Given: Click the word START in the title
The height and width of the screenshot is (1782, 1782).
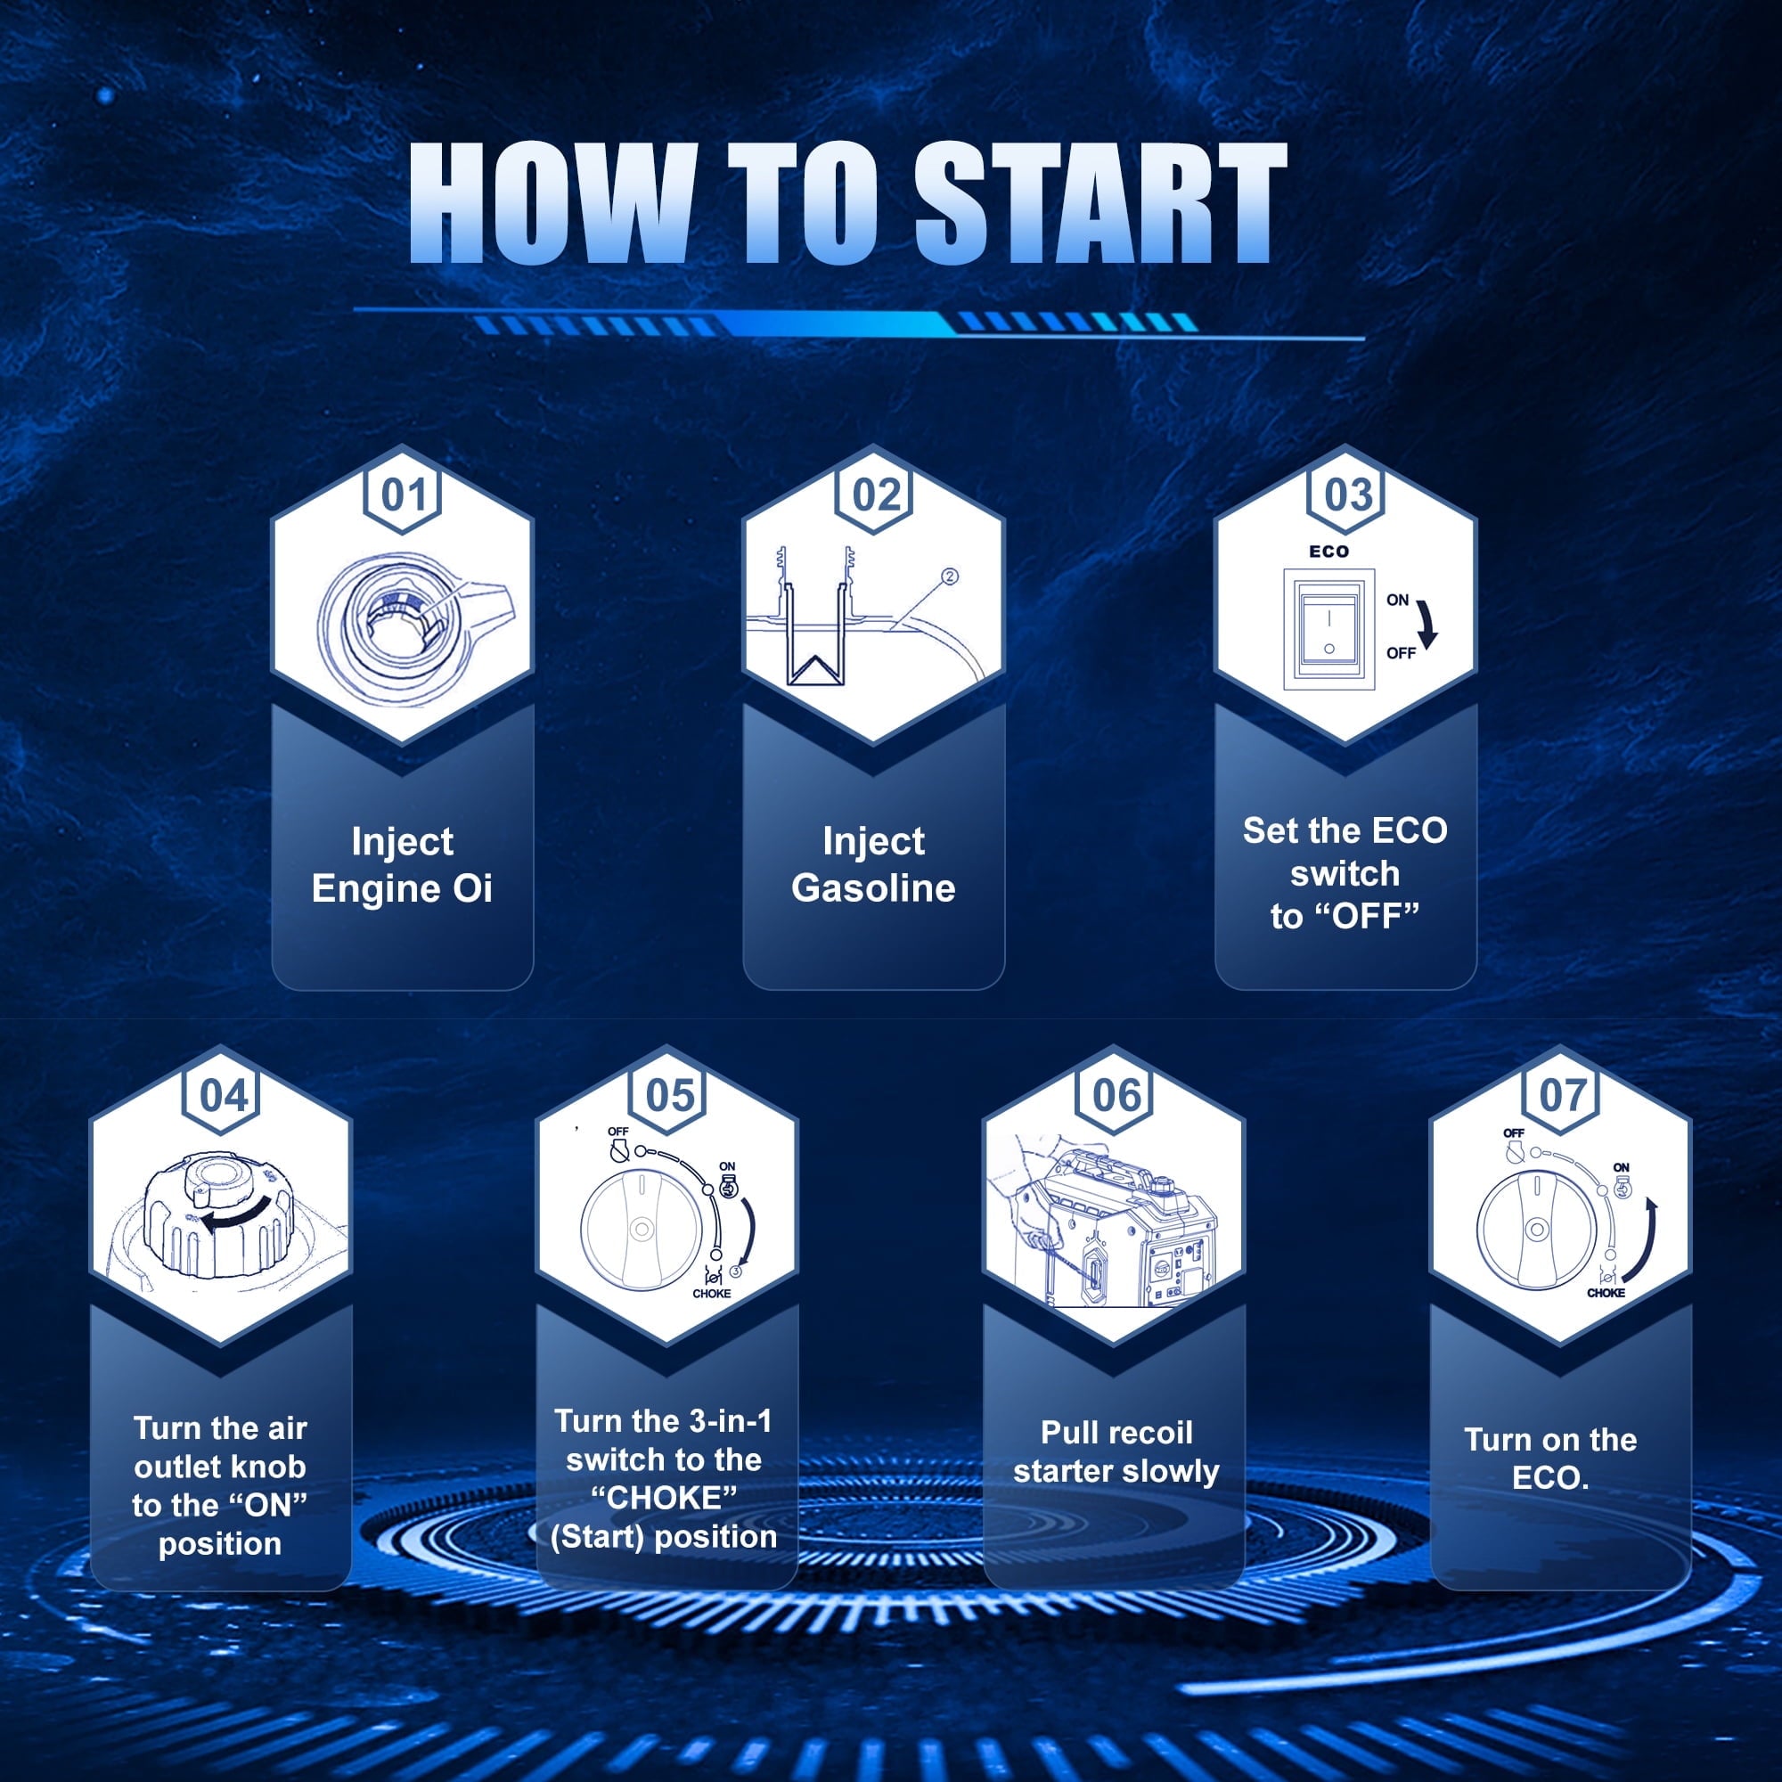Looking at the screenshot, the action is click(x=1100, y=203).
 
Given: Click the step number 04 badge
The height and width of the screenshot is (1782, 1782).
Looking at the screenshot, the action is click(x=222, y=1097).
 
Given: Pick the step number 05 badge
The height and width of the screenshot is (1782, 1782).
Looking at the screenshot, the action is click(x=669, y=1097).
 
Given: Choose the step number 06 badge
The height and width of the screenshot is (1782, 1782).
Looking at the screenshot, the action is click(x=1116, y=1097).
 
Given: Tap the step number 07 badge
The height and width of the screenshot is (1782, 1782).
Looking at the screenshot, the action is click(x=1562, y=1097).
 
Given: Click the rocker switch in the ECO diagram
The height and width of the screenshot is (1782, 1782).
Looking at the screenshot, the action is click(x=1329, y=629).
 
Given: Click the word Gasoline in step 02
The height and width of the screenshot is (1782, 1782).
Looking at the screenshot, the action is click(x=873, y=888).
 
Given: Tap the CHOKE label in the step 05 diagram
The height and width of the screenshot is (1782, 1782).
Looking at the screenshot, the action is click(x=712, y=1293).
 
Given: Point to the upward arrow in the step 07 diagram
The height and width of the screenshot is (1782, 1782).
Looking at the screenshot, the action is click(x=1641, y=1240).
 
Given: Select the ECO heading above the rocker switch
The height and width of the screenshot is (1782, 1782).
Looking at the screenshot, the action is click(x=1329, y=552).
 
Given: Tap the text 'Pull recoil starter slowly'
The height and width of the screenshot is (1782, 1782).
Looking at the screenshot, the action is click(x=1116, y=1451).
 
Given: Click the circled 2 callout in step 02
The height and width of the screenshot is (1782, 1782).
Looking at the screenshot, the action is click(x=950, y=576).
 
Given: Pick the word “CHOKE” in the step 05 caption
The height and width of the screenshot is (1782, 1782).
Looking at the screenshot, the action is click(x=664, y=1498).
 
